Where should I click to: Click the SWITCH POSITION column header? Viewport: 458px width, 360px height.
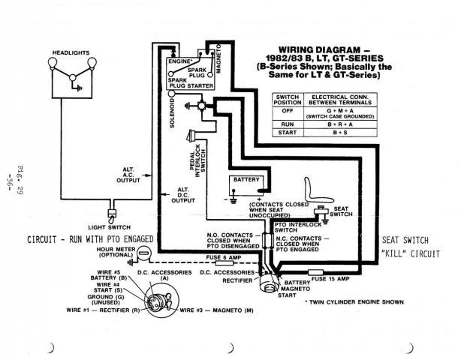tap(288, 100)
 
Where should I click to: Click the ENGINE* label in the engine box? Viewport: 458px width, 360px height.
tap(184, 57)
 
